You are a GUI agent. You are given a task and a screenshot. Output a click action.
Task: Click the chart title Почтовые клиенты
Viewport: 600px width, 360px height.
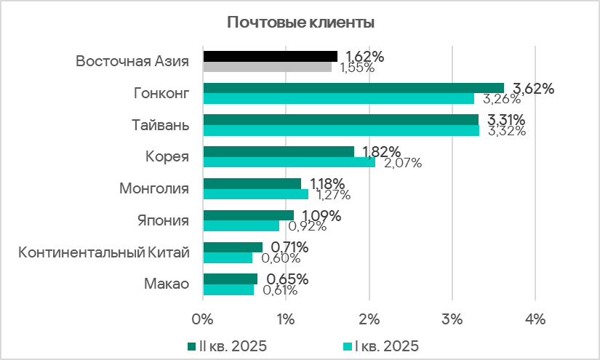(301, 23)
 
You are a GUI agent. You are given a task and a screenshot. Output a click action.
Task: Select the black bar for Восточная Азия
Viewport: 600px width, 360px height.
(271, 56)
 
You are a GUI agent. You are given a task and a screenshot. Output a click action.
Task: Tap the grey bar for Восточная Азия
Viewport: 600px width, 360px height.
(267, 67)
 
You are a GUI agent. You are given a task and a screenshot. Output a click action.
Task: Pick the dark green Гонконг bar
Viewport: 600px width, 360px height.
(353, 88)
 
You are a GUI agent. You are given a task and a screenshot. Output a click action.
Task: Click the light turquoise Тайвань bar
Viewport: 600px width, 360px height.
(341, 131)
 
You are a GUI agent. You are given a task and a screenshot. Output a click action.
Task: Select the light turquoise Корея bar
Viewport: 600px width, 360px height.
(289, 162)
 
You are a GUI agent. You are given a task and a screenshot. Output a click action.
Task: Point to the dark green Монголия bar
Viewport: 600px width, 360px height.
(252, 183)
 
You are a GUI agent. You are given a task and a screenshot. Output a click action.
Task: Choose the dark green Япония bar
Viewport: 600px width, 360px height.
(248, 215)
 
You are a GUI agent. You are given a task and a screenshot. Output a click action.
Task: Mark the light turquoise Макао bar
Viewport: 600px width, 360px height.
(228, 289)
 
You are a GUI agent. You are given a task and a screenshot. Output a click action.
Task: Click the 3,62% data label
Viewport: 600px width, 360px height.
(534, 89)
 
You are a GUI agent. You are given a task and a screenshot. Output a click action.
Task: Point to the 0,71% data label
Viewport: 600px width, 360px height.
(290, 247)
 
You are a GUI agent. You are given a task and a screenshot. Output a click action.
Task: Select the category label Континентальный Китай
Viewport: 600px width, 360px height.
(104, 252)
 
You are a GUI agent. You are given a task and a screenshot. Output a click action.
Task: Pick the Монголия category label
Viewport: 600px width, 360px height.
(153, 189)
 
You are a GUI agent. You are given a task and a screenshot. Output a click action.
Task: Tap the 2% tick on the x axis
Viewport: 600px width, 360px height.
(369, 319)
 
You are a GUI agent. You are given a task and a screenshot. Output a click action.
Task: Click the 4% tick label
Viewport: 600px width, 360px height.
(535, 319)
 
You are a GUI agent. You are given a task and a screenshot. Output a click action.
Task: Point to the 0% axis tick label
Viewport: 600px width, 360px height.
(203, 319)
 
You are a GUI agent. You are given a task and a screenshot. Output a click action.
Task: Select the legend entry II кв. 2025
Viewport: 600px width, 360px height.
(227, 345)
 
